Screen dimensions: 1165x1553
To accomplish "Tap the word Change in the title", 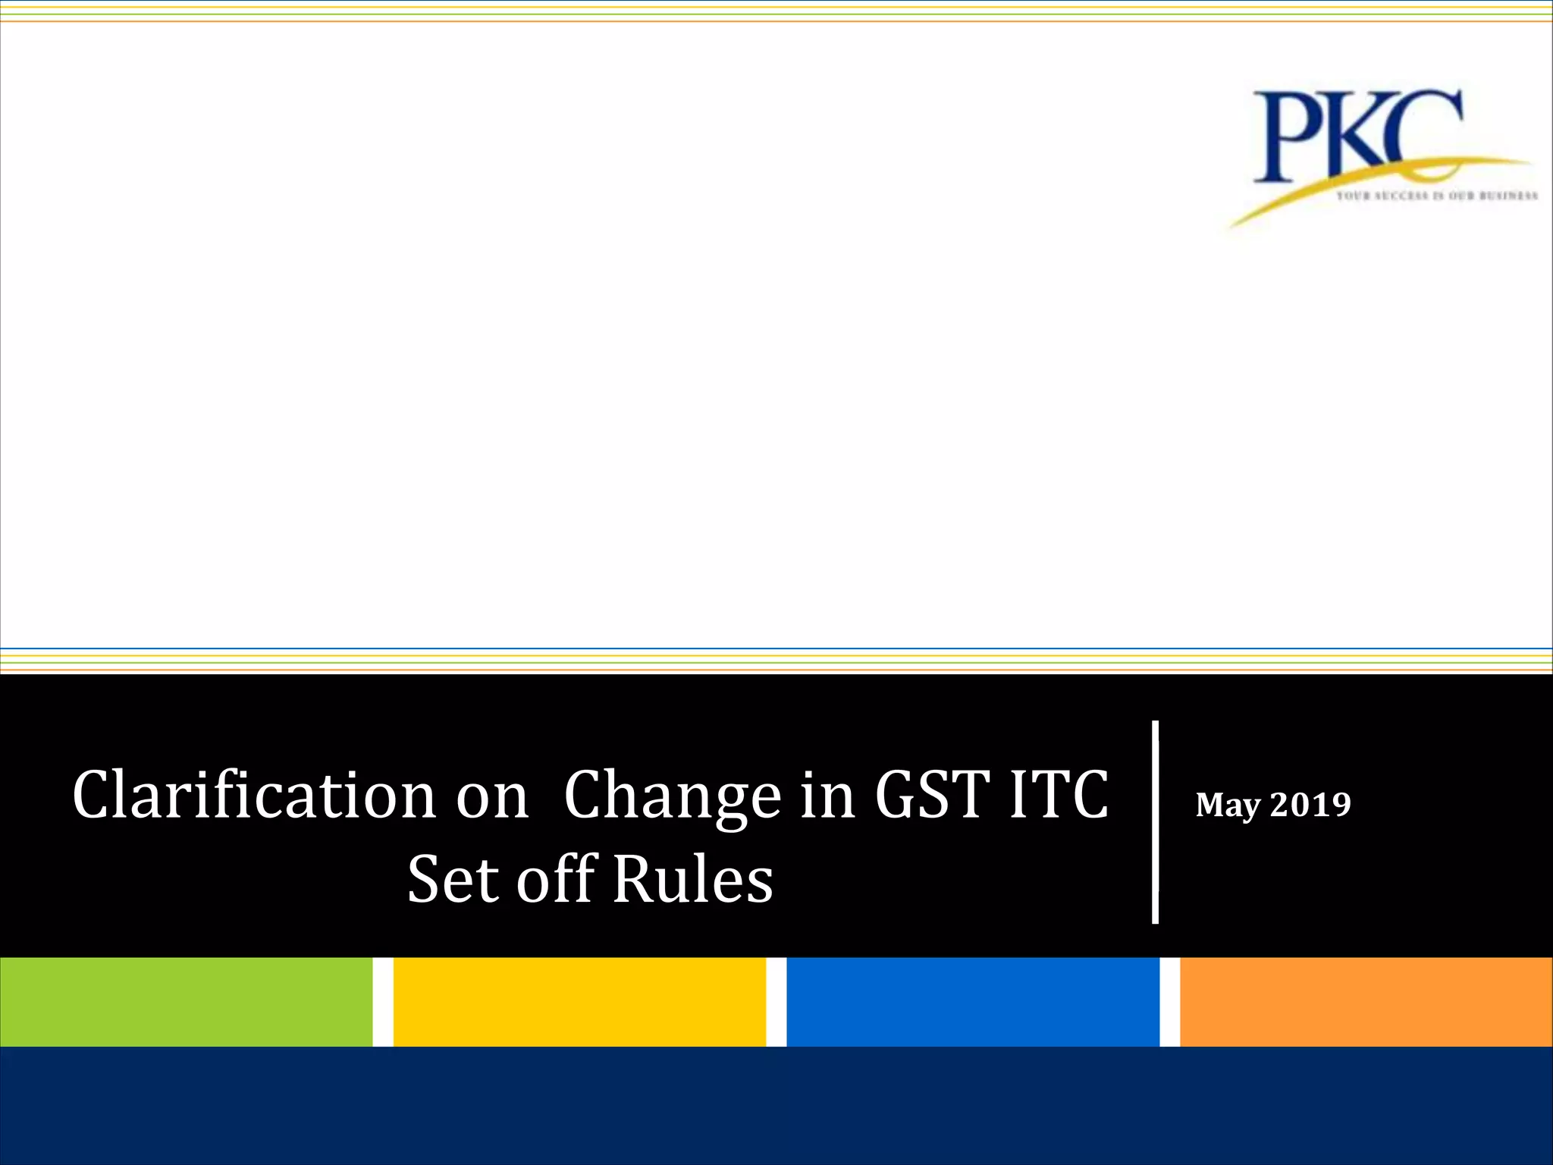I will click(x=672, y=796).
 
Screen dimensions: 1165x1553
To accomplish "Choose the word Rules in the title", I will click(x=692, y=880).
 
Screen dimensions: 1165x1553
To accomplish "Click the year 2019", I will click(x=1310, y=804).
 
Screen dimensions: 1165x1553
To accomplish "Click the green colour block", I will click(x=186, y=1002).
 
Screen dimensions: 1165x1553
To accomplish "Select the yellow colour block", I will click(x=579, y=1002).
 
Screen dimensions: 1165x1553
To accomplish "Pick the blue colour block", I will click(x=973, y=1002).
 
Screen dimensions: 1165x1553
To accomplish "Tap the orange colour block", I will click(x=1366, y=1002).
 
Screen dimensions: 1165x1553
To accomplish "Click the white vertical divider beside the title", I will click(x=1155, y=822).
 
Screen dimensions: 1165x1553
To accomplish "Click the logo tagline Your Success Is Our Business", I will click(x=1436, y=196).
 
